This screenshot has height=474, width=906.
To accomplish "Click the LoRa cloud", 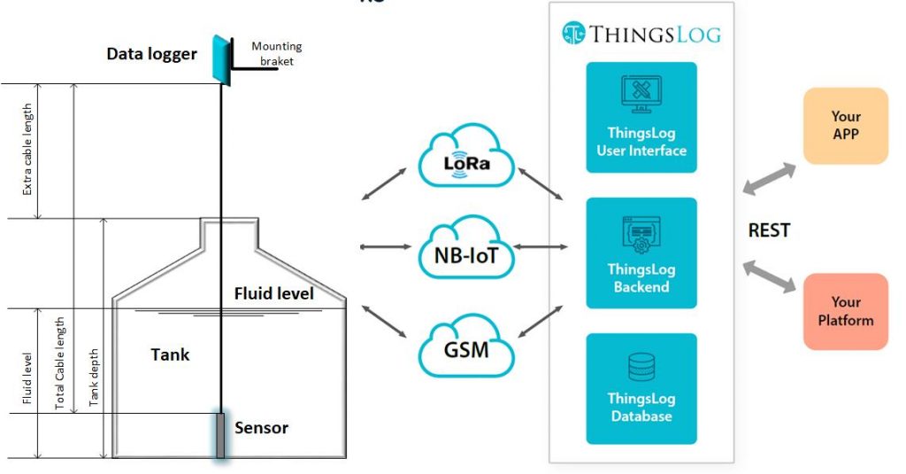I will pyautogui.click(x=467, y=159).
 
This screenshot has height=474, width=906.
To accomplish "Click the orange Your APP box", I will pyautogui.click(x=845, y=126).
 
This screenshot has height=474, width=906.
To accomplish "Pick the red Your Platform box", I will pyautogui.click(x=845, y=311).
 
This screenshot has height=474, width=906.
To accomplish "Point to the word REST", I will pyautogui.click(x=769, y=230).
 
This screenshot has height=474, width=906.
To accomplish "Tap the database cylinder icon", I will pyautogui.click(x=641, y=366).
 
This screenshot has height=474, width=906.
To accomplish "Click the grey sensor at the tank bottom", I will pyautogui.click(x=220, y=435).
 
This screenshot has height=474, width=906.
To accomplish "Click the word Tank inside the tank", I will pyautogui.click(x=170, y=354).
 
